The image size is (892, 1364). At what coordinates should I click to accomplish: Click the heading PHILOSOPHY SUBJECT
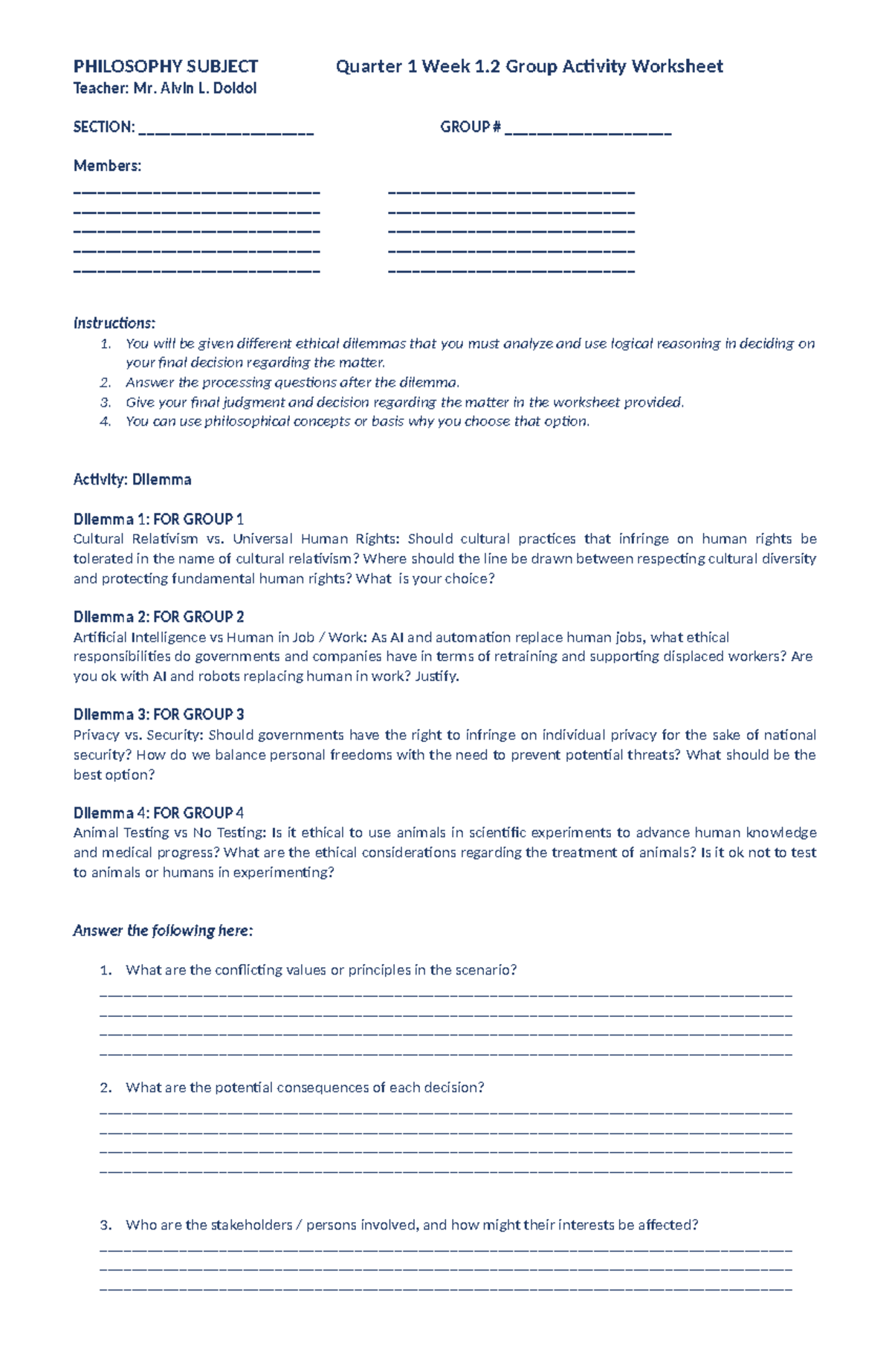pyautogui.click(x=165, y=67)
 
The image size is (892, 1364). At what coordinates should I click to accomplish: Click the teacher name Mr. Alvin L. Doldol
pyautogui.click(x=195, y=88)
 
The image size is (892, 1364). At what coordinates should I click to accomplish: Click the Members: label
pyautogui.click(x=107, y=166)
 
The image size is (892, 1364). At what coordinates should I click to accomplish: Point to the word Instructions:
pyautogui.click(x=114, y=323)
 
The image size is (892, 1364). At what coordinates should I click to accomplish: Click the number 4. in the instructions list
pyautogui.click(x=105, y=421)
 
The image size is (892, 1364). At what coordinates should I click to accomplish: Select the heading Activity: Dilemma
pyautogui.click(x=132, y=479)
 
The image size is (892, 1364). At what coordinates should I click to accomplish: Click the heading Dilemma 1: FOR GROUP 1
pyautogui.click(x=158, y=519)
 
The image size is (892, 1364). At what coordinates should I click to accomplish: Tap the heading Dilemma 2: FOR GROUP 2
pyautogui.click(x=158, y=617)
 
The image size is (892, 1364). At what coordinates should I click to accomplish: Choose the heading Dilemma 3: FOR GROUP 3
pyautogui.click(x=158, y=714)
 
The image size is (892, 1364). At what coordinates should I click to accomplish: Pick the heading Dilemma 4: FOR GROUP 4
pyautogui.click(x=158, y=812)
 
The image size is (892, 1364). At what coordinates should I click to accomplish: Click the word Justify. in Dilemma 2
pyautogui.click(x=437, y=676)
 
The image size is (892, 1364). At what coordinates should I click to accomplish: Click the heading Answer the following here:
pyautogui.click(x=163, y=931)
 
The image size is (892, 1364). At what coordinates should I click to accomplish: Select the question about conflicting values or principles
pyautogui.click(x=320, y=970)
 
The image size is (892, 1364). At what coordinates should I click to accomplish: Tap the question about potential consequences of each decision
pyautogui.click(x=305, y=1087)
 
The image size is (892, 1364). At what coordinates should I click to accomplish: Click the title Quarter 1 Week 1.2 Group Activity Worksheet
pyautogui.click(x=529, y=67)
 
